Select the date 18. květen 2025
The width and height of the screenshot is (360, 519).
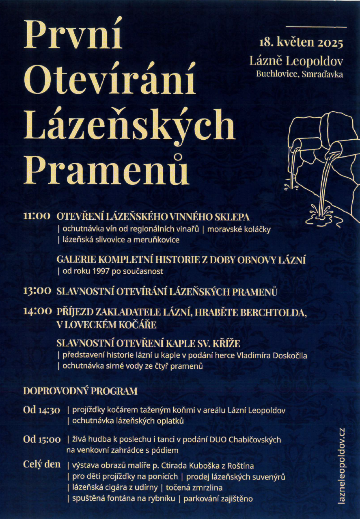[x=301, y=43]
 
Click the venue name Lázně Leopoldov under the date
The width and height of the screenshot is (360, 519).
[x=296, y=61]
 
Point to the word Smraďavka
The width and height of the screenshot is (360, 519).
[x=322, y=74]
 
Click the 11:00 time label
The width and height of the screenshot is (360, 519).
[x=37, y=216]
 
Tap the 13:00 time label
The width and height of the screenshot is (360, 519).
[x=37, y=291]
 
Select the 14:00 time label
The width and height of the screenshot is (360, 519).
[x=37, y=311]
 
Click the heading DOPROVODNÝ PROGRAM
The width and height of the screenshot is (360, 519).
[x=80, y=391]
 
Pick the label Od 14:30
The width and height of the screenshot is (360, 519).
[x=42, y=410]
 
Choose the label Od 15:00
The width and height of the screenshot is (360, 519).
[x=42, y=439]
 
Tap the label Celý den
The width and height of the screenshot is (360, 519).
[x=42, y=464]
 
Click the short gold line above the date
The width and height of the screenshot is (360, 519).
[x=316, y=27]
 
